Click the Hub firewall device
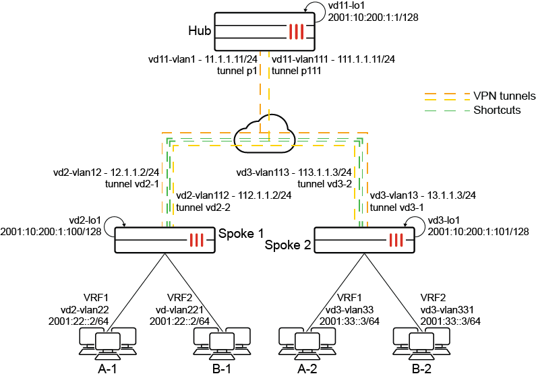point(266,31)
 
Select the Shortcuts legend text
point(497,110)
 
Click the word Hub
point(200,31)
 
